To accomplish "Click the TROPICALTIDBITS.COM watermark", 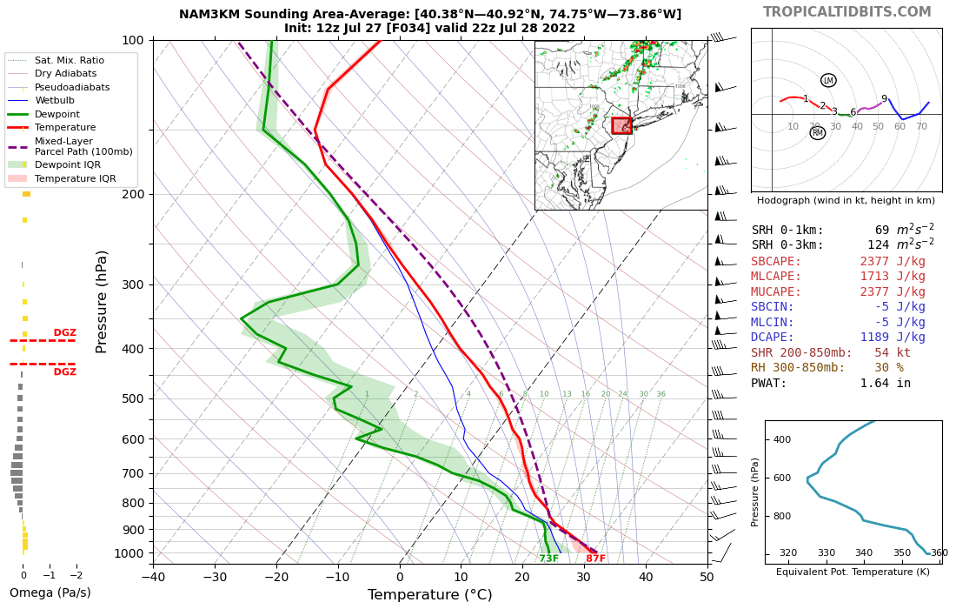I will (x=846, y=12).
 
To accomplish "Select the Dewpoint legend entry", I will (x=57, y=114).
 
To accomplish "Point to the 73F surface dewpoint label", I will (x=549, y=559).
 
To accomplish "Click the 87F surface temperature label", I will (x=595, y=559).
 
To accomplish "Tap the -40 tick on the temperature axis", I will (x=153, y=576).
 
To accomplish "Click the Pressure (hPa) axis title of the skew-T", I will (x=103, y=301).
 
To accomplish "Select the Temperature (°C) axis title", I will (x=429, y=595).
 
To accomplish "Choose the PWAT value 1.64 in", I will (x=886, y=383).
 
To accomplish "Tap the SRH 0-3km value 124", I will (x=882, y=245).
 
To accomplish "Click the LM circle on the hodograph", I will (x=828, y=80).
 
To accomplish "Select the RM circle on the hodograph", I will (x=817, y=133).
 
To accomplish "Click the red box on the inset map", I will (x=621, y=125).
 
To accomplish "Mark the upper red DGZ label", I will (x=65, y=332).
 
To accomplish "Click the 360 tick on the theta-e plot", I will (x=939, y=552).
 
